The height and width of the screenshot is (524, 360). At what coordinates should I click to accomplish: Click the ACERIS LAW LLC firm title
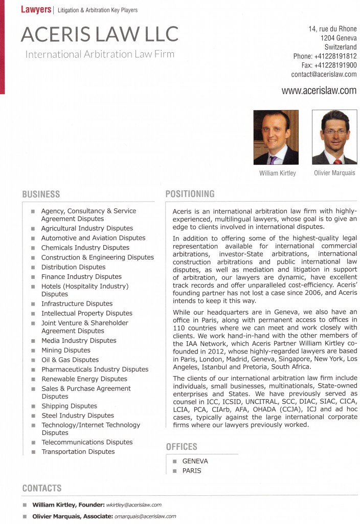coord(100,34)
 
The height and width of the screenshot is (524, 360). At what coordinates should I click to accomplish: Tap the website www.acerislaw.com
coord(319,91)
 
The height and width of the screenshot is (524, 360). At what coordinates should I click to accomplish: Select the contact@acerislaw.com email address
coord(324,74)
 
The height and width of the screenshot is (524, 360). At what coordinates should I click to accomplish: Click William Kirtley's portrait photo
coord(276,137)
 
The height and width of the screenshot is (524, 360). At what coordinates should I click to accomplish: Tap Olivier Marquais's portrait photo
coord(334,137)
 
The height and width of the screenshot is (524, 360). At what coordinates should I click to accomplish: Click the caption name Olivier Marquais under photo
coord(334,173)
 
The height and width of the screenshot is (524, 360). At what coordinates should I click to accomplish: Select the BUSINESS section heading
coord(41,194)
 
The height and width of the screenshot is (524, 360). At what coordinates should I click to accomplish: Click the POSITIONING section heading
coord(190,194)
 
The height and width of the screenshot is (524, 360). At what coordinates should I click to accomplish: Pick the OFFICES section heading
coord(182,447)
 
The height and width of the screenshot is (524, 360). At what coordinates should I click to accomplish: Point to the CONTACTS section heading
coord(42,488)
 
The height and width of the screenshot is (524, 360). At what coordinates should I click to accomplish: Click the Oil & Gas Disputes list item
coord(70,360)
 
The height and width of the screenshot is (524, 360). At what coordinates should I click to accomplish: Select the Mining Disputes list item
coord(66,350)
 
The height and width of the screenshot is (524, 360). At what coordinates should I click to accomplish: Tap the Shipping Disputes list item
coord(69,406)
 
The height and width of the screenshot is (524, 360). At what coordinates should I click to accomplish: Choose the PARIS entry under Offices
coord(192,470)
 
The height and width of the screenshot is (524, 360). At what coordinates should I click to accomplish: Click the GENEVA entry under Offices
coord(195,461)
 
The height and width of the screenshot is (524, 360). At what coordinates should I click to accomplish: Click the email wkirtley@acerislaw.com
coord(133,505)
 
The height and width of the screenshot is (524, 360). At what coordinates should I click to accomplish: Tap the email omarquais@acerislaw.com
coord(145,516)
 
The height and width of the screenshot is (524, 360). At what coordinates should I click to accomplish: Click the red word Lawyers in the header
coord(36,9)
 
